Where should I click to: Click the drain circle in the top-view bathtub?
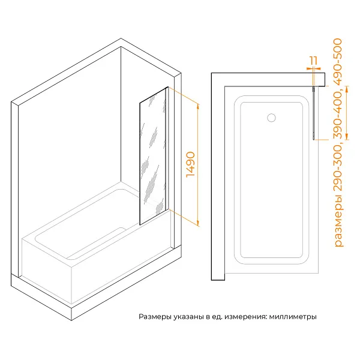point(271,118)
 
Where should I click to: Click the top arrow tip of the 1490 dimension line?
point(198,103)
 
